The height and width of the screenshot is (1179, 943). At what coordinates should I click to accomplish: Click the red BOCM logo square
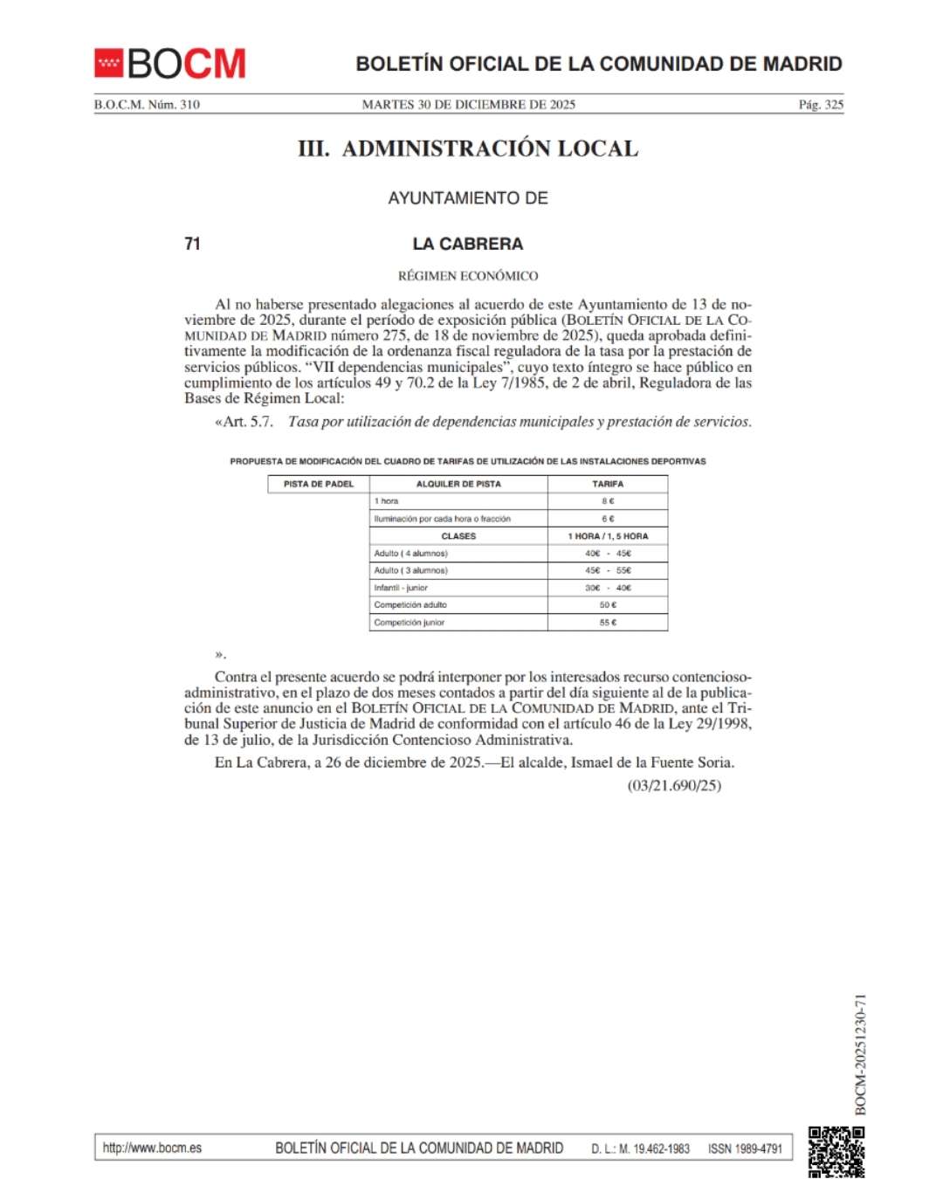click(109, 63)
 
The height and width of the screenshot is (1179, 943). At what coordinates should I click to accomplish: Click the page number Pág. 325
click(821, 105)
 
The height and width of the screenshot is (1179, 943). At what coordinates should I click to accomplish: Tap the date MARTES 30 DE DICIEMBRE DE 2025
click(469, 105)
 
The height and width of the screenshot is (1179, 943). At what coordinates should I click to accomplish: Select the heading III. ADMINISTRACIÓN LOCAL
click(468, 149)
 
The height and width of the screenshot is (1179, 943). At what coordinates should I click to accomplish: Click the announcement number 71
click(193, 244)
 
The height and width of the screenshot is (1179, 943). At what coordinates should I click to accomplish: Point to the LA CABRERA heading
click(468, 244)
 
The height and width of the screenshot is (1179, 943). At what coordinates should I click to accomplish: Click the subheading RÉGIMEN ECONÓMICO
click(468, 276)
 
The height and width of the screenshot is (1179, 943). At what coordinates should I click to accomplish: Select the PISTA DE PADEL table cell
click(319, 484)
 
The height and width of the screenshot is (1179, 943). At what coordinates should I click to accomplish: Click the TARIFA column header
click(608, 484)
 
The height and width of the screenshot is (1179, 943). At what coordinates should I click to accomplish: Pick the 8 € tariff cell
click(608, 501)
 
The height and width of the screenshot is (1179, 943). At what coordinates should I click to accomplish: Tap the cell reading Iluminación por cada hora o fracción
click(443, 519)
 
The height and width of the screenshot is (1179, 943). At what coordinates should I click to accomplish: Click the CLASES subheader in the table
click(458, 536)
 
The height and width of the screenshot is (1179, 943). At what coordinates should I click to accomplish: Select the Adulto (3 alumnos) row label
click(411, 570)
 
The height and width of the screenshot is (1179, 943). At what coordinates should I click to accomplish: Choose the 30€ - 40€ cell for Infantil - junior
click(608, 588)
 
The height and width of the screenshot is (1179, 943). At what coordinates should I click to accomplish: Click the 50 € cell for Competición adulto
click(608, 605)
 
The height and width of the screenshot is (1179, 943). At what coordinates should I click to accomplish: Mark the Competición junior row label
click(410, 623)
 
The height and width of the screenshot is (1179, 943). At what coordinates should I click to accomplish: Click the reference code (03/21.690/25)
click(674, 785)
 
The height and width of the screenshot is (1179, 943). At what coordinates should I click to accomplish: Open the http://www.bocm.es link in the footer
click(152, 1148)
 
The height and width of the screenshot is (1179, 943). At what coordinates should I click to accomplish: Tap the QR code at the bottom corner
click(836, 1152)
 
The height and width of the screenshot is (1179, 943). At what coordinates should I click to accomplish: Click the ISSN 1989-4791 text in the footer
click(745, 1148)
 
